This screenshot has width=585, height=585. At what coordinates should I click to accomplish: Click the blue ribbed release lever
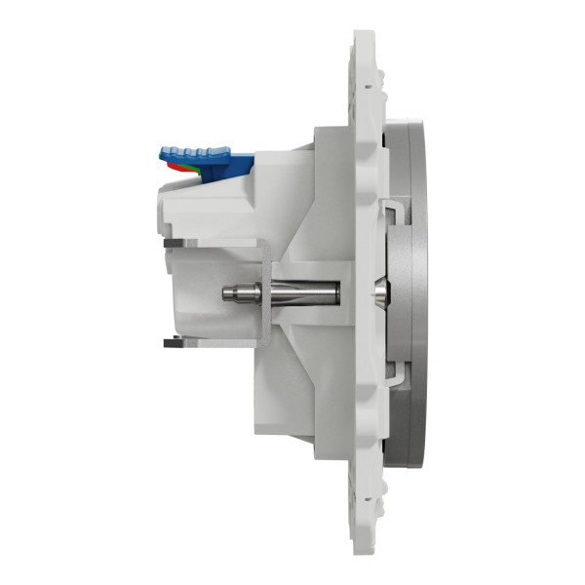[x=195, y=153]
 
